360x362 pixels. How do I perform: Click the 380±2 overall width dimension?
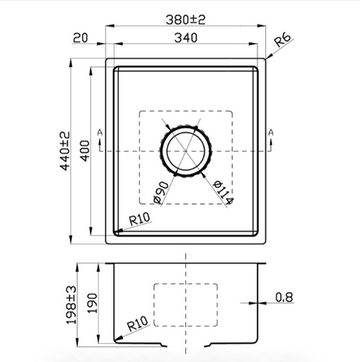coord(185,20)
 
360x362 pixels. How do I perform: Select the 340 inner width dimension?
coord(185,38)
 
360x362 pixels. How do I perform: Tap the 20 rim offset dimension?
coord(81,38)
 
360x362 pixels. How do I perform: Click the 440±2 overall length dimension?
coord(65,151)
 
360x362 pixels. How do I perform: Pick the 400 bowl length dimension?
coord(85,151)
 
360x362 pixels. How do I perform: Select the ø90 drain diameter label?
coord(161,193)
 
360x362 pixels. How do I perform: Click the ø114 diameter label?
coord(223,192)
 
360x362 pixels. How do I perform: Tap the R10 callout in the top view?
coord(139,219)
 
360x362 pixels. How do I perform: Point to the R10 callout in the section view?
coord(138,324)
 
